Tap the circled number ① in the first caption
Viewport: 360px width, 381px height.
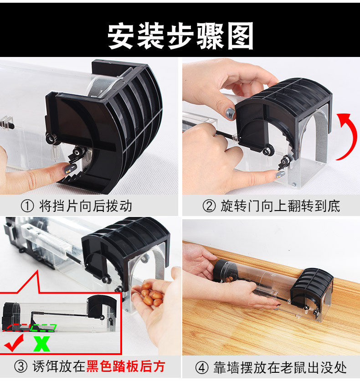pyautogui.click(x=28, y=206)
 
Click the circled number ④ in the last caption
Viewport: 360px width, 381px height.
pyautogui.click(x=202, y=367)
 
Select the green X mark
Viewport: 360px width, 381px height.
pyautogui.click(x=41, y=343)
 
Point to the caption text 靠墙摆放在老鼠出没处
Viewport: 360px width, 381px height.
pyautogui.click(x=279, y=367)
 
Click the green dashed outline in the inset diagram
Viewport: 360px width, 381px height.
pyautogui.click(x=43, y=327)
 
